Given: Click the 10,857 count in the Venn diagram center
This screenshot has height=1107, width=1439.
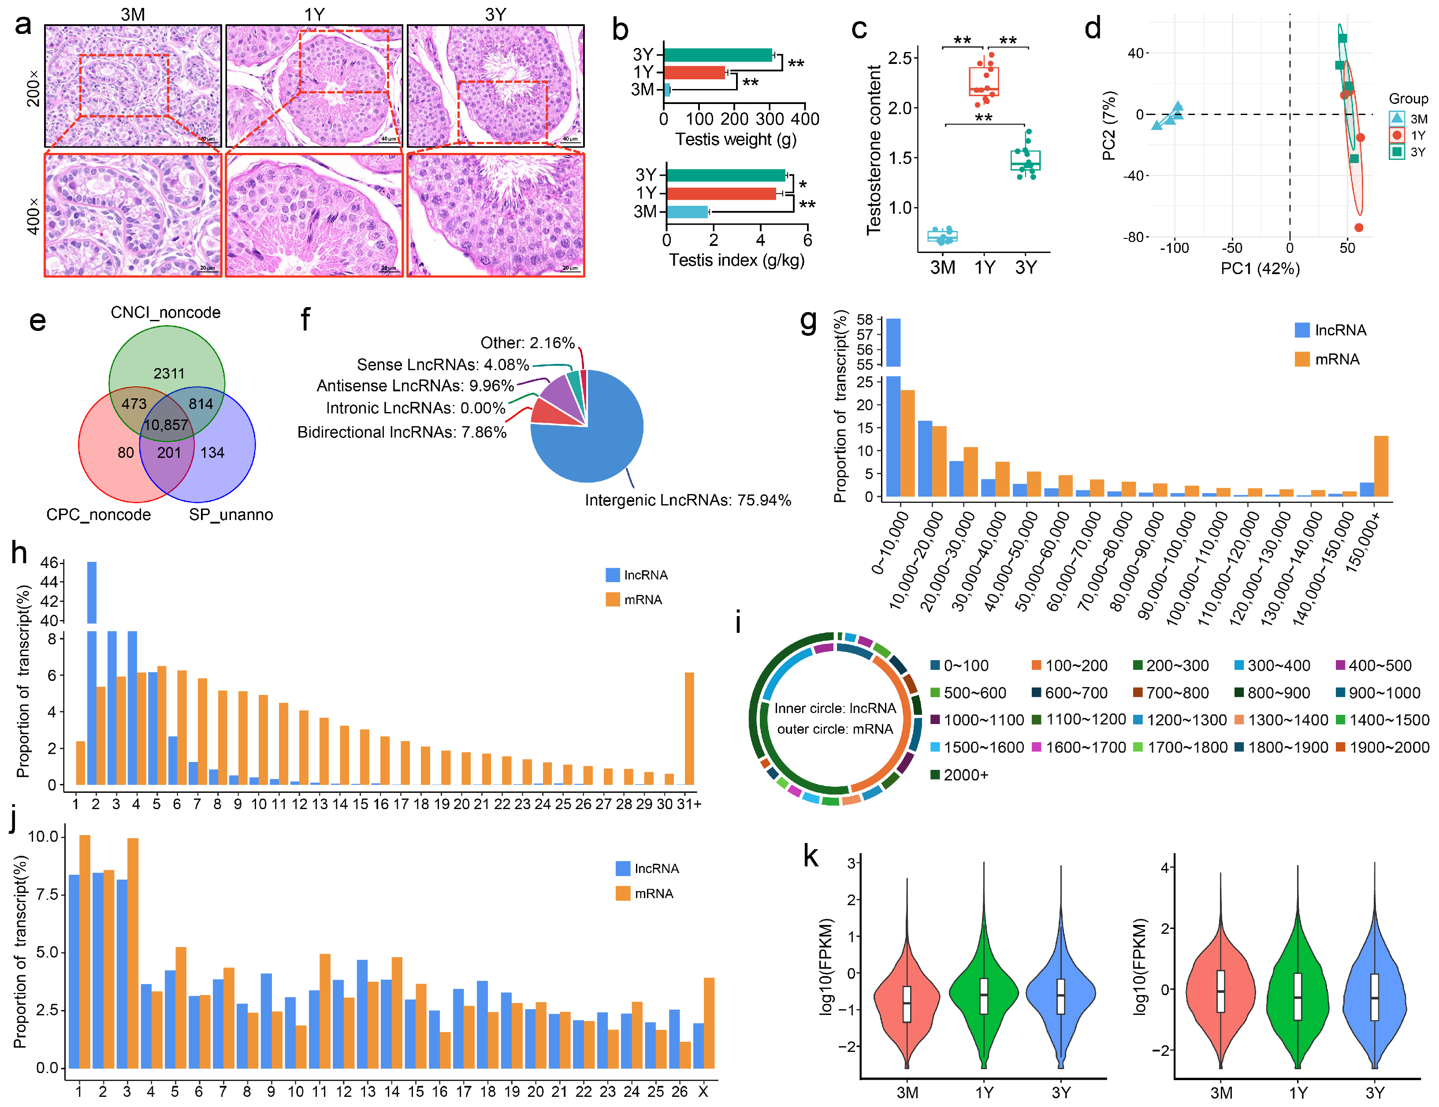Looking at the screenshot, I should coord(166,425).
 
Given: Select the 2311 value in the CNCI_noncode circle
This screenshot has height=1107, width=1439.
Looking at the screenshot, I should coord(169,374).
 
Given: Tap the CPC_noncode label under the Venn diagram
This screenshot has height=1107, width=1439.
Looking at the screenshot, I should coord(98,515).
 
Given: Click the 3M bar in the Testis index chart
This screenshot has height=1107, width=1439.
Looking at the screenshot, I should coord(687,212).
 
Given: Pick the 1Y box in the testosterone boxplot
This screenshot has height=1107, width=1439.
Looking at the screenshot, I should coord(984,82).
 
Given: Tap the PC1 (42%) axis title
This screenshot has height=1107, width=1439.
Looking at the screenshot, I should coord(1260,268).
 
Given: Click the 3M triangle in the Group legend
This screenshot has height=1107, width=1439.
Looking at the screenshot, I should coord(1397,119).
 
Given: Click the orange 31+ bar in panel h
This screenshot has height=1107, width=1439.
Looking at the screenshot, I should coord(689,728).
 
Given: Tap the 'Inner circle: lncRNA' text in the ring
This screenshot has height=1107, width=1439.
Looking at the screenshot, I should coord(835,708).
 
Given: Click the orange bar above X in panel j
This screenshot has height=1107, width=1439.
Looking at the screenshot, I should coord(709,1023).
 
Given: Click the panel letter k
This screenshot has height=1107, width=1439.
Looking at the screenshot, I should coord(811,857).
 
